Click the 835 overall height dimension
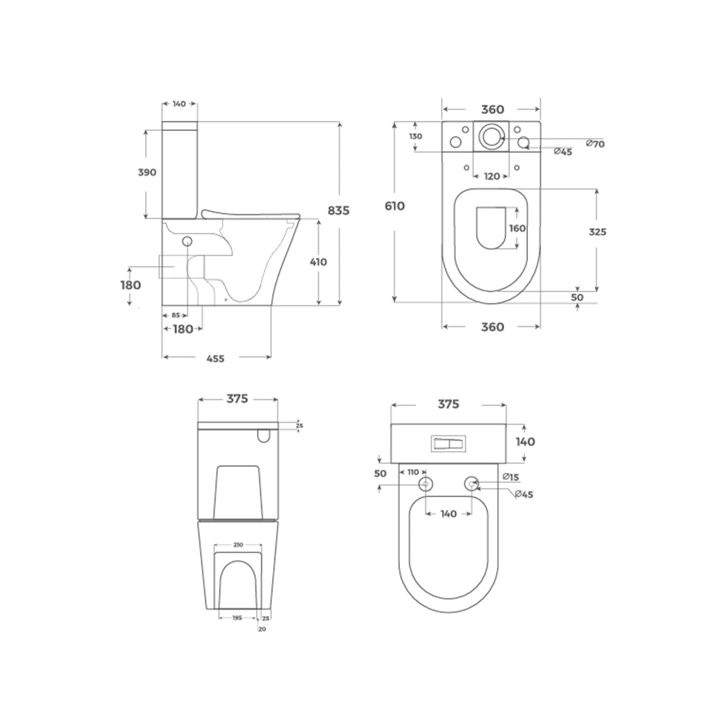click(339, 210)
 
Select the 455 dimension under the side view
click(216, 358)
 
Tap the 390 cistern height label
click(146, 172)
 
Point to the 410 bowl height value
click(318, 262)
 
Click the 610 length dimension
click(395, 206)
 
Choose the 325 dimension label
click(597, 232)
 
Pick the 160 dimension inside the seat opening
click(517, 228)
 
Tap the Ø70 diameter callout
click(594, 143)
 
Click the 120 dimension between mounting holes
click(492, 176)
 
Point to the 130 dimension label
click(415, 136)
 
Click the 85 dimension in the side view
click(175, 315)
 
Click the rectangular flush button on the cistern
click(449, 443)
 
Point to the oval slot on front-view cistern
click(264, 436)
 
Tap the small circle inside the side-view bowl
click(188, 241)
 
